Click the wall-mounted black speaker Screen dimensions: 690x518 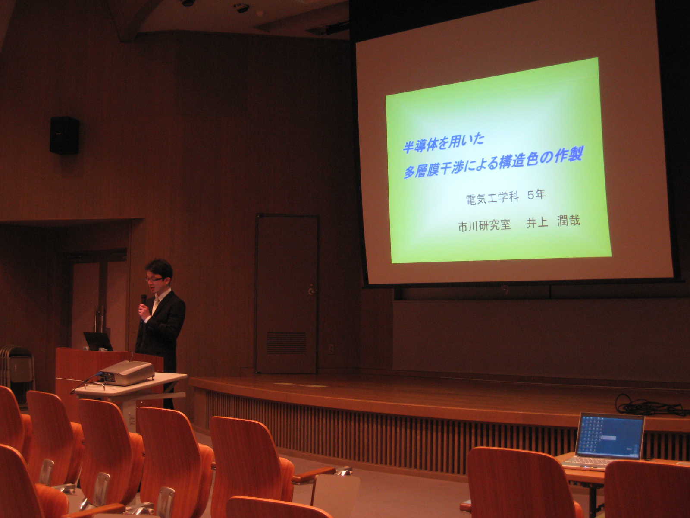click(x=64, y=135)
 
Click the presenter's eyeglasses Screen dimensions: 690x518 click(x=154, y=279)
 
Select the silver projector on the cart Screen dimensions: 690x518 click(x=127, y=373)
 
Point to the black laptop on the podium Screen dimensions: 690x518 click(x=98, y=341)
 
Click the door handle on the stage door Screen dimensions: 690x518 click(x=311, y=290)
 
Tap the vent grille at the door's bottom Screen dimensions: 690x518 click(x=286, y=343)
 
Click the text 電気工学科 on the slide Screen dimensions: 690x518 click(x=492, y=199)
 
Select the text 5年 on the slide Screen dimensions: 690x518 click(x=536, y=195)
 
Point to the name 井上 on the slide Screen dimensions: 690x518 click(x=537, y=222)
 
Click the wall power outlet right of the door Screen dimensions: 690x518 click(x=331, y=348)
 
